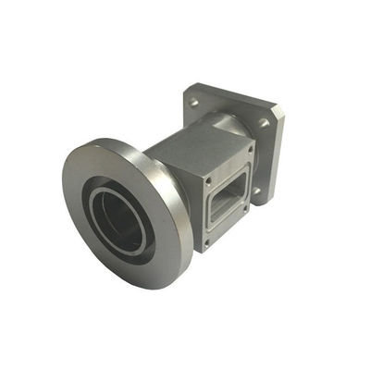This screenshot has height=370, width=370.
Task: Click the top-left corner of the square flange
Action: [x=187, y=89]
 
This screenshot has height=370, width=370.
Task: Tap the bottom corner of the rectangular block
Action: [x=203, y=252]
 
